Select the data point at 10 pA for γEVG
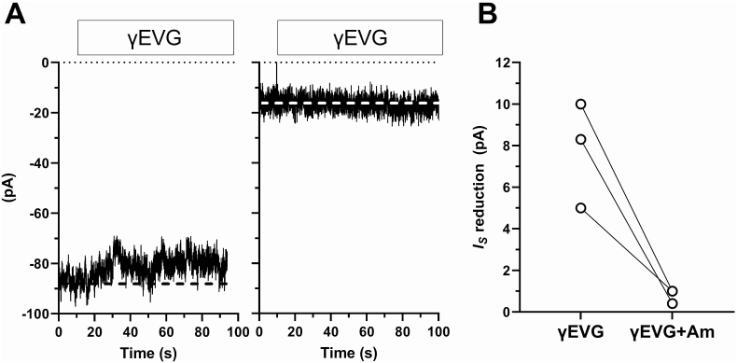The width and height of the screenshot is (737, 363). [x=580, y=104]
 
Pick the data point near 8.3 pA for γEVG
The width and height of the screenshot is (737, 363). [x=580, y=139]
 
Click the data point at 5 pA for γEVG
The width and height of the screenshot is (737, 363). [x=580, y=208]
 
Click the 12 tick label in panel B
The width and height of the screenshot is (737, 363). [x=530, y=63]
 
